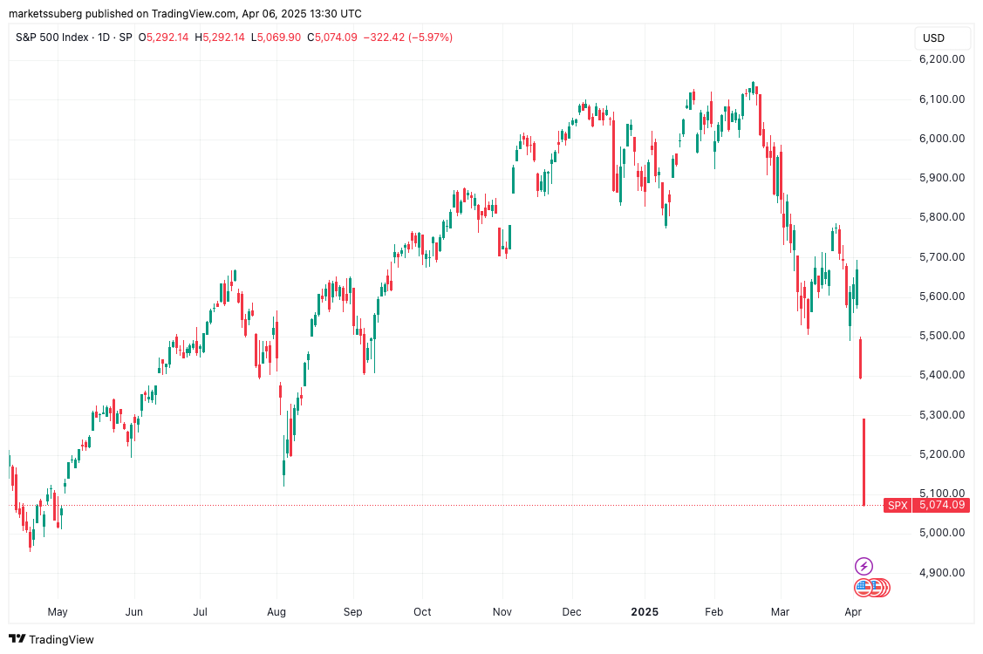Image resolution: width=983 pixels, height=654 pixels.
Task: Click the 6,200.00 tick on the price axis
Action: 942,59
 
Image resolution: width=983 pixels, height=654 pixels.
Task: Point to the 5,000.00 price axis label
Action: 942,533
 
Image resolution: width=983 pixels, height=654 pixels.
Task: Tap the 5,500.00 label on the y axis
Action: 942,336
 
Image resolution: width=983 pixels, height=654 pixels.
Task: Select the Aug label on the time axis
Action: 277,612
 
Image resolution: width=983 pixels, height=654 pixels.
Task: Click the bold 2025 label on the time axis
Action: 646,612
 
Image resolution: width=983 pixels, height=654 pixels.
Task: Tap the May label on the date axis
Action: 57,612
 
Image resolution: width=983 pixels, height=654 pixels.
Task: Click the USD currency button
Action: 934,38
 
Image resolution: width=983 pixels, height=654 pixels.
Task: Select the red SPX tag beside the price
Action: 898,505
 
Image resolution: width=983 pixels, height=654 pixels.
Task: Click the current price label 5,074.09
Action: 942,505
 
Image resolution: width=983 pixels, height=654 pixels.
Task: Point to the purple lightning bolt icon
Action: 864,567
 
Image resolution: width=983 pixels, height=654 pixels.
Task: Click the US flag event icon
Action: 864,588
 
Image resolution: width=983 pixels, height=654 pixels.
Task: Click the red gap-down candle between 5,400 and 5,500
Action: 861,358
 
